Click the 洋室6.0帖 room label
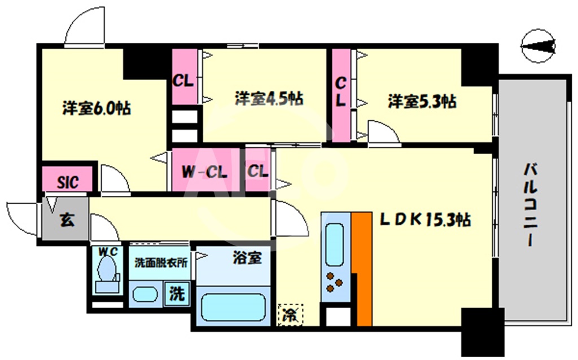[x=97, y=108]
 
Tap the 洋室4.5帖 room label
[x=269, y=99]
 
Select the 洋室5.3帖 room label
[x=422, y=102]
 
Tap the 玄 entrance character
[x=66, y=220]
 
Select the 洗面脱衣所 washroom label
[x=161, y=262]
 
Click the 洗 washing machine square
[x=177, y=294]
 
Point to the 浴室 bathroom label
[x=247, y=258]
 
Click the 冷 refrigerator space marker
[x=290, y=315]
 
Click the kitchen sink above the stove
[x=335, y=245]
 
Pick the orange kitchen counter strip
[x=361, y=270]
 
